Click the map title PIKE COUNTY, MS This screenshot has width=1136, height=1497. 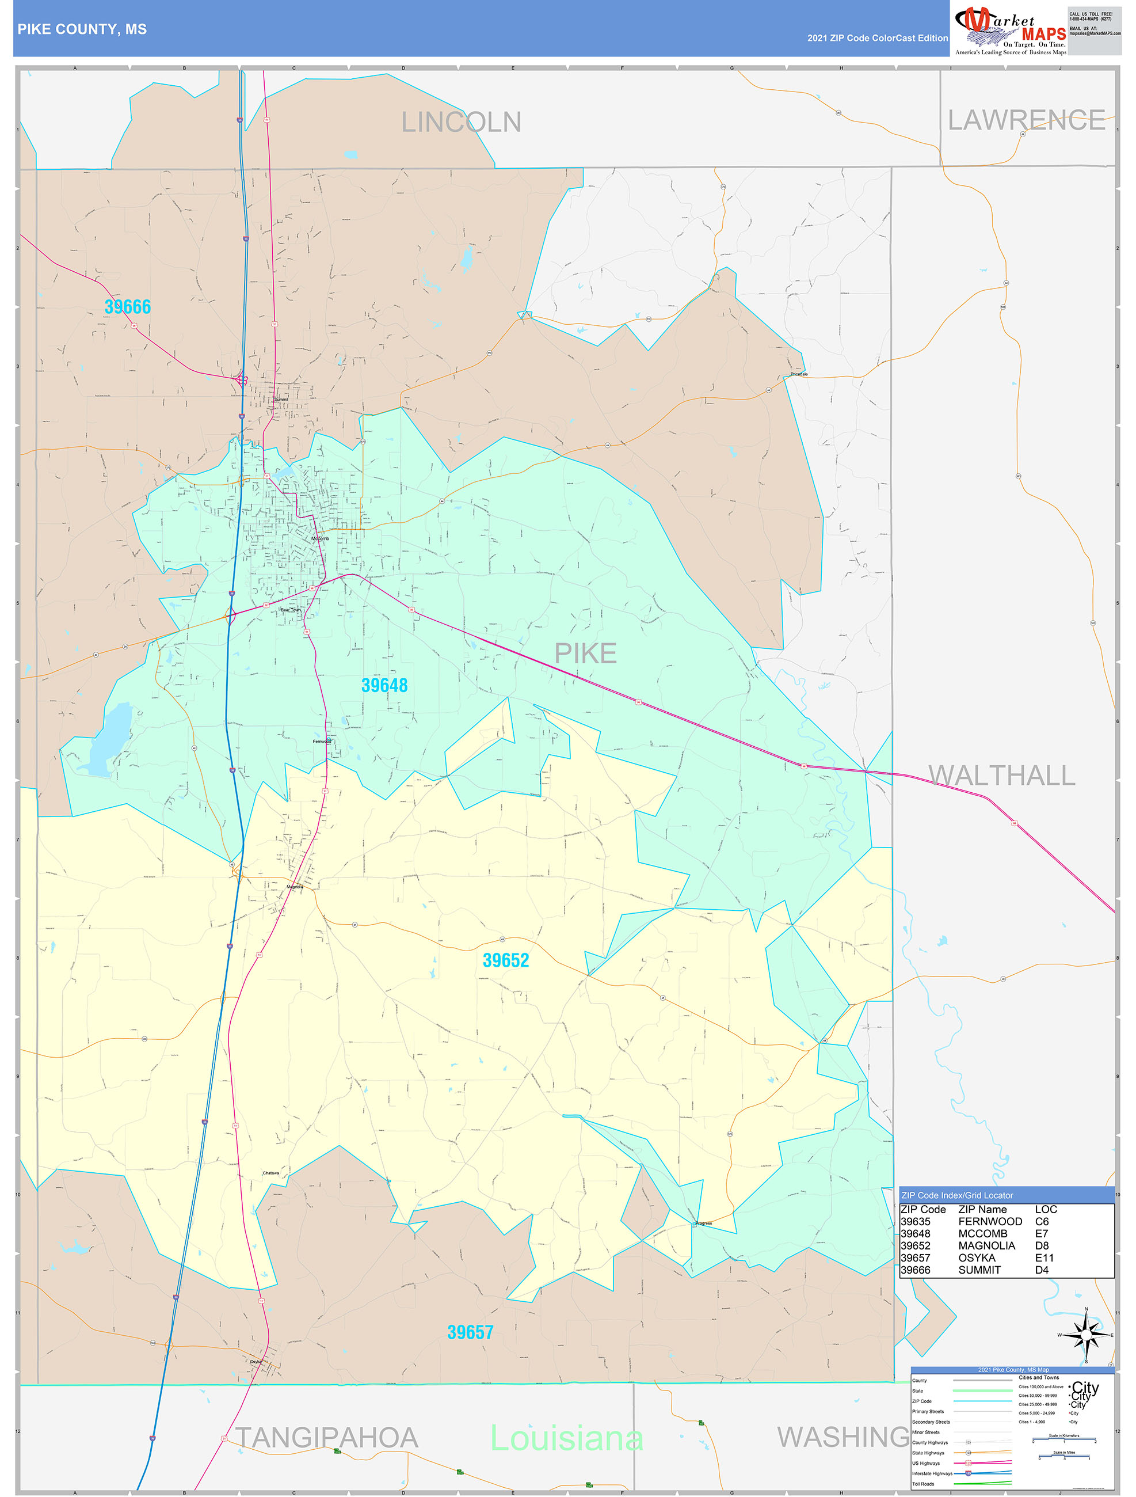pyautogui.click(x=82, y=29)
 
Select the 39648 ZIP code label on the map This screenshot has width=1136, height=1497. pyautogui.click(x=384, y=686)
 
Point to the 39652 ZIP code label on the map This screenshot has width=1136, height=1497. pyautogui.click(x=505, y=960)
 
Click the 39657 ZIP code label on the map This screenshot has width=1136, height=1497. pyautogui.click(x=470, y=1332)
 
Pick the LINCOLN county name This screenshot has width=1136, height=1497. pyautogui.click(x=462, y=123)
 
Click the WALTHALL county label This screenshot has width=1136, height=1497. pyautogui.click(x=1001, y=776)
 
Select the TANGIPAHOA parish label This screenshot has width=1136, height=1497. pyautogui.click(x=326, y=1438)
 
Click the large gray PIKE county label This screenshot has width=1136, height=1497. pyautogui.click(x=585, y=653)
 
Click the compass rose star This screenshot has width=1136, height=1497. pyautogui.click(x=1086, y=1335)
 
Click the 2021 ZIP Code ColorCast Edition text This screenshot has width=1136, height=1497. pyautogui.click(x=877, y=38)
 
